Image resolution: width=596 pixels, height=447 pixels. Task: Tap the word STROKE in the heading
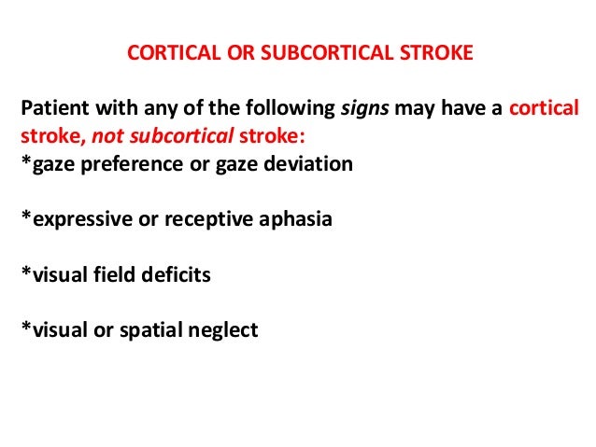439,52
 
